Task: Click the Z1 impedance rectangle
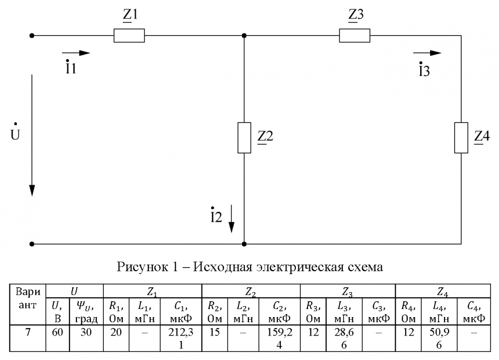tap(129, 36)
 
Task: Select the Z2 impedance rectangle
tap(244, 137)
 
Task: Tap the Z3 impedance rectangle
tap(354, 36)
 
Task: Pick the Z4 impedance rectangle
tap(461, 137)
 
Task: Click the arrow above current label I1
tap(76, 53)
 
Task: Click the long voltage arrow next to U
tap(32, 135)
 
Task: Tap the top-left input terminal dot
tap(32, 36)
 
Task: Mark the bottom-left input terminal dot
tap(32, 244)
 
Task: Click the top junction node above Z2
tap(244, 36)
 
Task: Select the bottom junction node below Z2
tap(244, 244)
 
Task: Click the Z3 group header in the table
tap(347, 291)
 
